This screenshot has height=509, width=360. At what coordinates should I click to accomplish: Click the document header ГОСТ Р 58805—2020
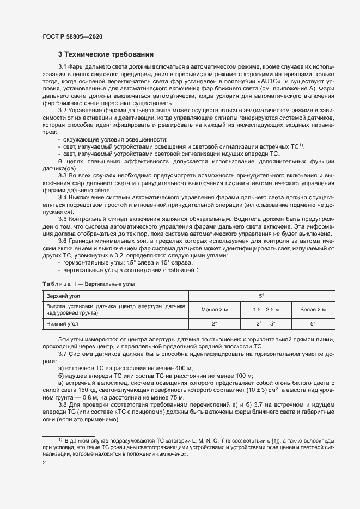[x=72, y=36]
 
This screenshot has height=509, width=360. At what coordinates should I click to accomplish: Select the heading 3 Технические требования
[x=106, y=54]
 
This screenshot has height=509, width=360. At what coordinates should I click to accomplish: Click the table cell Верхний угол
[x=61, y=296]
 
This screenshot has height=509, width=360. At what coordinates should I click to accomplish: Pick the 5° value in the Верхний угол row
[x=261, y=296]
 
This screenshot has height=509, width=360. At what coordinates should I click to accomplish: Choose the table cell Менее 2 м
[x=214, y=309]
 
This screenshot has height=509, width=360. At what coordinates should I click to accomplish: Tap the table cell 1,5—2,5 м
[x=266, y=309]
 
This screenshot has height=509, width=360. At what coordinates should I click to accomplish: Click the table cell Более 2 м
[x=313, y=309]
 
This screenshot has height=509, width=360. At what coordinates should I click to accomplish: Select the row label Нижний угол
[x=60, y=323]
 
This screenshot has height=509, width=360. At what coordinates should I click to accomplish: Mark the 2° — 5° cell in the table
[x=266, y=323]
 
